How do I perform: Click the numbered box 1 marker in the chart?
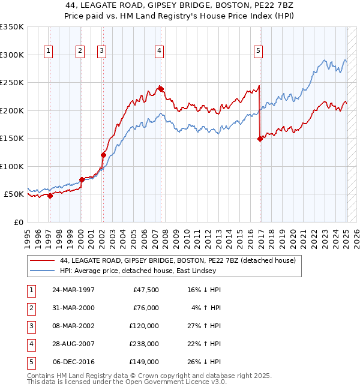point(49,51)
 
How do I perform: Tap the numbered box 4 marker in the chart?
point(159,51)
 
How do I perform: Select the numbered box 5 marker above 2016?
point(258,51)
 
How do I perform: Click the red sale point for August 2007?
point(161,89)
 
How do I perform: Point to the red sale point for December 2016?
point(260,139)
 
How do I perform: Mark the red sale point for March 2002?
point(103,155)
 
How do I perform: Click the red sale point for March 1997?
point(50,196)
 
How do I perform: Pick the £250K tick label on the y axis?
point(11,83)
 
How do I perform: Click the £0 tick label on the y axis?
point(17,222)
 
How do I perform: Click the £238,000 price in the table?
point(145,344)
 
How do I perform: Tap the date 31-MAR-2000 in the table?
point(74,308)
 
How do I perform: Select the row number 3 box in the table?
point(30,326)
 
